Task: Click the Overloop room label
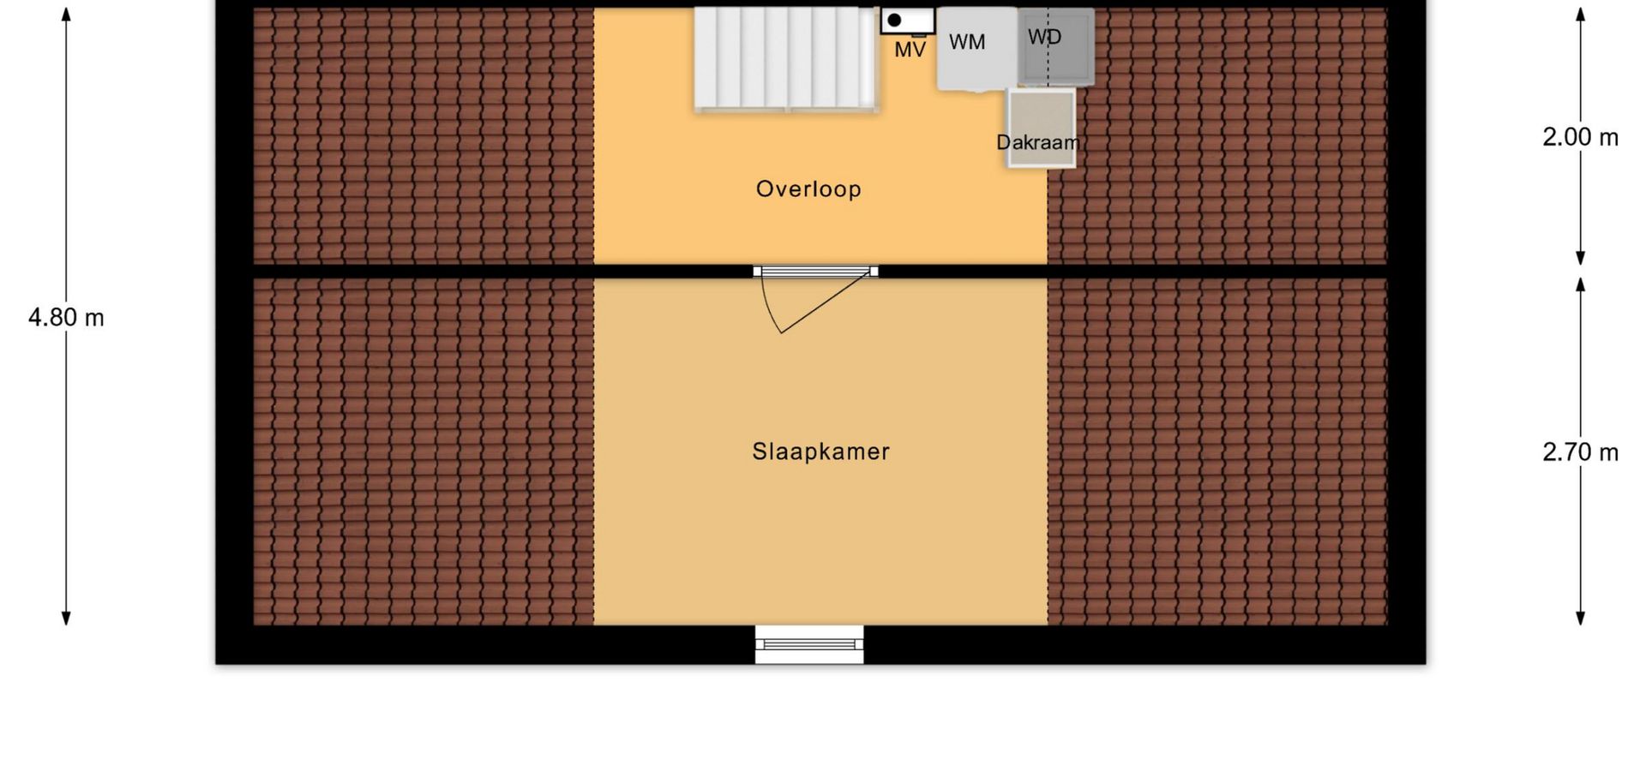(x=808, y=189)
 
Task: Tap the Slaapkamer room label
(x=820, y=451)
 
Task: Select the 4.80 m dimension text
(x=66, y=318)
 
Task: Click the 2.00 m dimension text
(x=1580, y=137)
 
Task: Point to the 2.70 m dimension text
(x=1580, y=452)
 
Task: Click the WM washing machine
(x=976, y=48)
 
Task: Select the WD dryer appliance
(x=1056, y=46)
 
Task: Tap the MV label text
(x=910, y=51)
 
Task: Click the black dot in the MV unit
(x=894, y=20)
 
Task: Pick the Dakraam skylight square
(x=1041, y=128)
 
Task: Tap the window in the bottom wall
(x=809, y=644)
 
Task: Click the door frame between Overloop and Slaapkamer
(x=815, y=272)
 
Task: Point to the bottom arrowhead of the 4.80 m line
(x=66, y=618)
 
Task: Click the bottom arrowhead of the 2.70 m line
(x=1580, y=618)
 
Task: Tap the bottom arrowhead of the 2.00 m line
(x=1580, y=257)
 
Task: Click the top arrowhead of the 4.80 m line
(x=66, y=15)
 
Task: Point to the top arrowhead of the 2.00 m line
(x=1580, y=15)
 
